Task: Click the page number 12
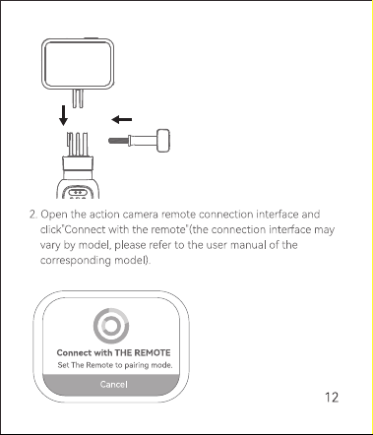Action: [x=332, y=398]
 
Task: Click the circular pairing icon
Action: [x=111, y=326]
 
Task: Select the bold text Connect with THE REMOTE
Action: [x=113, y=353]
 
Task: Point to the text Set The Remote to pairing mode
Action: [x=115, y=365]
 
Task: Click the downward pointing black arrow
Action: [x=63, y=115]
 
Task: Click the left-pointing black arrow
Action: [x=122, y=120]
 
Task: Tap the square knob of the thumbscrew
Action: [x=163, y=141]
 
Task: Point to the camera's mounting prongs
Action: [x=78, y=98]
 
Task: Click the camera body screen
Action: [x=78, y=64]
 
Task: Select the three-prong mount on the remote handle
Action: [x=78, y=145]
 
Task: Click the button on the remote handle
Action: [x=78, y=192]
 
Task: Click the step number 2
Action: [x=33, y=215]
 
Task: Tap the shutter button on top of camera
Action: [x=92, y=38]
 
